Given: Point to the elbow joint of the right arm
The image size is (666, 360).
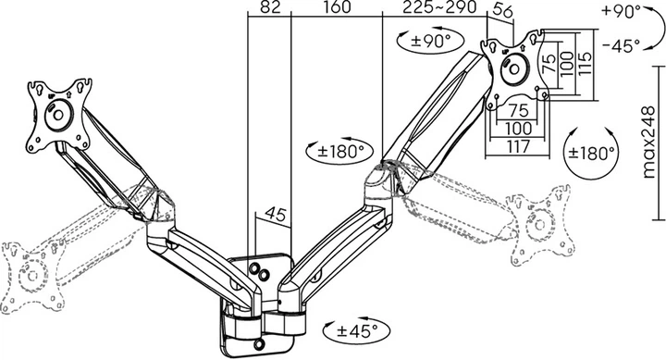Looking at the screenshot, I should [x=379, y=179].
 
